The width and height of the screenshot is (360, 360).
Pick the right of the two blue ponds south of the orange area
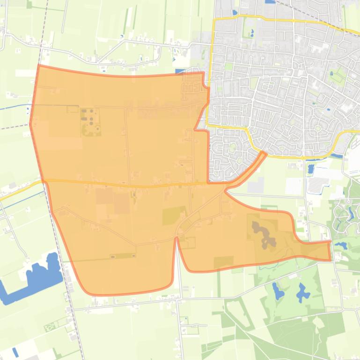[303, 293]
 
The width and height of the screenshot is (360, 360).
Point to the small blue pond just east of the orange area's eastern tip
[340, 245]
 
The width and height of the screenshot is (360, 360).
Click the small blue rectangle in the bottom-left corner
[15, 352]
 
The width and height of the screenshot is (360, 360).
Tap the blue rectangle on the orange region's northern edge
[180, 72]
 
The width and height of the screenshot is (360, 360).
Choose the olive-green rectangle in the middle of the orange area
[174, 215]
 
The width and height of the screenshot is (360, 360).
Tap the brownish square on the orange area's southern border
[223, 262]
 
